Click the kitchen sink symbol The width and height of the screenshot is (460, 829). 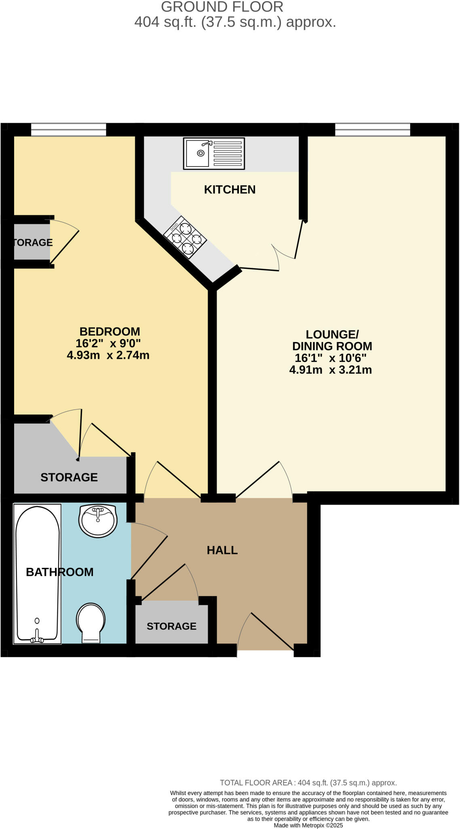214,153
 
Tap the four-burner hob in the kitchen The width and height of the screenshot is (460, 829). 185,238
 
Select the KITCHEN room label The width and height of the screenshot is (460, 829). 230,189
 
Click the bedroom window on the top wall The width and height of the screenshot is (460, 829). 68,130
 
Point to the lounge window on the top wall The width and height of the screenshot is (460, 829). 372,130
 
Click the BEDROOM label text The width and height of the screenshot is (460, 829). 110,332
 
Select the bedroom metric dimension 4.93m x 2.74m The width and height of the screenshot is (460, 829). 108,355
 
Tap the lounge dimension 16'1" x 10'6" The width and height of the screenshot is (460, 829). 331,358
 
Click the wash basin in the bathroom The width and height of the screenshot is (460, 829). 98,521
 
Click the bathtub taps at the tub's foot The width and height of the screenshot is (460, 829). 37,637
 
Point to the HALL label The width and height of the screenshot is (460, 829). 222,550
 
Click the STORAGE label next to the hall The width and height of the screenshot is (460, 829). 171,626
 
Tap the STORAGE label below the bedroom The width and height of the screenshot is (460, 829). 69,477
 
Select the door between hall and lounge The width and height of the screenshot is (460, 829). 263,480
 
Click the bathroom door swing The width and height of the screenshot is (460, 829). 149,551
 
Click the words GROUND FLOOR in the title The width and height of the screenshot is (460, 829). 222,7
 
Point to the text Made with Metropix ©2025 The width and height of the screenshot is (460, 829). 308,825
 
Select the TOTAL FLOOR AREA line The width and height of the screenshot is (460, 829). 308,783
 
